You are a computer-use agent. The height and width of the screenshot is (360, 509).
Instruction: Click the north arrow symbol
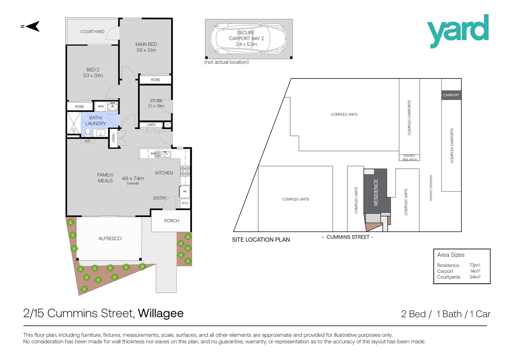tap(32, 26)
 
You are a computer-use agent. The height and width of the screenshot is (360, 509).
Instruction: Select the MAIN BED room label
tap(146, 44)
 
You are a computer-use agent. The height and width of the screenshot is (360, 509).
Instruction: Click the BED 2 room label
tap(93, 70)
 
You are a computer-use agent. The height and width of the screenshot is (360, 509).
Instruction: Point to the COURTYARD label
tap(92, 32)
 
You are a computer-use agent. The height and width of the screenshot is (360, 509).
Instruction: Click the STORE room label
tap(156, 101)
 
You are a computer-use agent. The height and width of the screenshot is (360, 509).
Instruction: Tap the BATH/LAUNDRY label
tap(96, 121)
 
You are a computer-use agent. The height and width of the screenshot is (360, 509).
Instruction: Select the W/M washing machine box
tap(101, 106)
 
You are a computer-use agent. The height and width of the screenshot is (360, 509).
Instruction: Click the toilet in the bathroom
tap(88, 132)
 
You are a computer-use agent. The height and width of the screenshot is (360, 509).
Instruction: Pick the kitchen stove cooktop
tap(185, 171)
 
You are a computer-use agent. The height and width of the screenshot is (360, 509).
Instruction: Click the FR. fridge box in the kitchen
tap(185, 192)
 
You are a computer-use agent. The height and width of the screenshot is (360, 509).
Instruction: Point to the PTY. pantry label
tap(185, 203)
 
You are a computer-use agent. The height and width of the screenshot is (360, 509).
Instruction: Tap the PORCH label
tap(172, 221)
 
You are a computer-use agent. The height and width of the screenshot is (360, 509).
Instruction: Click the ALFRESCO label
tap(110, 239)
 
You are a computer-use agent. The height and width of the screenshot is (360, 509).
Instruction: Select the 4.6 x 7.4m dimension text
tap(133, 179)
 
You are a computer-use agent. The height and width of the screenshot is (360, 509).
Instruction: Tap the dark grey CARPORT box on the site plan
tap(451, 95)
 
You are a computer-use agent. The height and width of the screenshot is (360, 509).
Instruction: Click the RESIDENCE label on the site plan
tap(376, 192)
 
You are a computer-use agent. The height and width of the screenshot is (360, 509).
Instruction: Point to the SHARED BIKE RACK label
tap(409, 158)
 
